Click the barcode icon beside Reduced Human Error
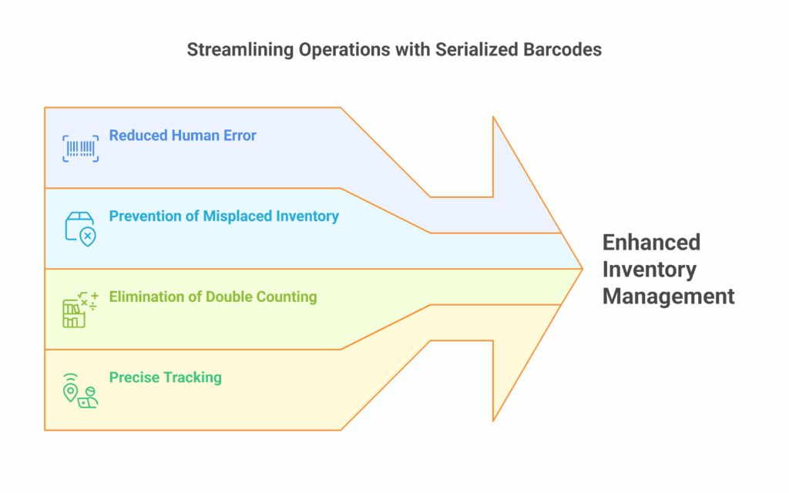pos(80,148)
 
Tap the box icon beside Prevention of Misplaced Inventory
pos(80,229)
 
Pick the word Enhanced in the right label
pos(651,243)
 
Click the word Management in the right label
pos(668,296)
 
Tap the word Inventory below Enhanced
pos(649,270)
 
